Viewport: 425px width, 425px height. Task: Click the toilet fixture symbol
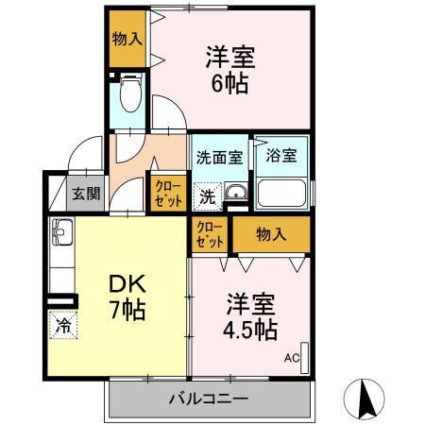coord(131,95)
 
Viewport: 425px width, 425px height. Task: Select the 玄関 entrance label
coord(85,195)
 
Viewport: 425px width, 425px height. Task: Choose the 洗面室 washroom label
coord(219,157)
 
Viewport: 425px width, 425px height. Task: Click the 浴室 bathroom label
coord(280,155)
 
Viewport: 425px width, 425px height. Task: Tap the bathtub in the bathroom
coord(280,194)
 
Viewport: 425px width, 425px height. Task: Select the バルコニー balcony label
coord(209,398)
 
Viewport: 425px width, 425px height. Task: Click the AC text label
coord(291,357)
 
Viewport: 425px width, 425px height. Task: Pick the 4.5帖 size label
coord(251,330)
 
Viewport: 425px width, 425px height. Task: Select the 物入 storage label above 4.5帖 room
coord(271,233)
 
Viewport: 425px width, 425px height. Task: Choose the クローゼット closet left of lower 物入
coord(210,233)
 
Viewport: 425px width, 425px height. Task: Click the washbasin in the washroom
coord(236,196)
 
